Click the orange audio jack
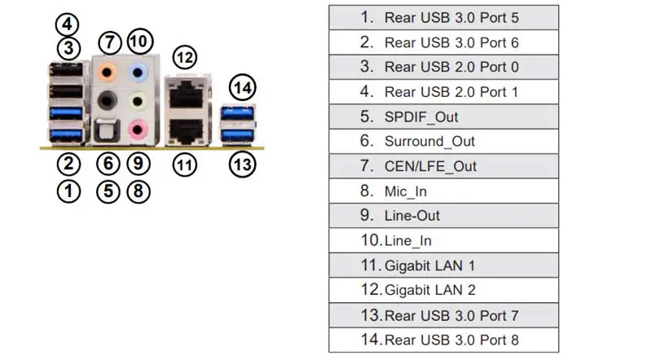coord(108,72)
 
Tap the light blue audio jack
coord(138,72)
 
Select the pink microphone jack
coord(138,130)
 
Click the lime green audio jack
coord(138,101)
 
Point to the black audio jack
coord(107,101)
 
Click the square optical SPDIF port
coord(108,130)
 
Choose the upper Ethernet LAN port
coord(187,94)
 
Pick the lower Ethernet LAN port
coord(187,130)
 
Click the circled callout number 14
coord(242,87)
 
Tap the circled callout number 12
coord(185,57)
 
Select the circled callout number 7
coord(109,42)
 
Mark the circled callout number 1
coord(68,191)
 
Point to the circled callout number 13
coord(242,165)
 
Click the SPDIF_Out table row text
coord(421,116)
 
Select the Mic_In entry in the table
coord(405,191)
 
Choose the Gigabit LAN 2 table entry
coord(430,290)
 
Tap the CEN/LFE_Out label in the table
coord(430,166)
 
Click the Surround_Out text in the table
coord(430,142)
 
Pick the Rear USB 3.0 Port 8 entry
coord(452,340)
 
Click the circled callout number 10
coord(140,42)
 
